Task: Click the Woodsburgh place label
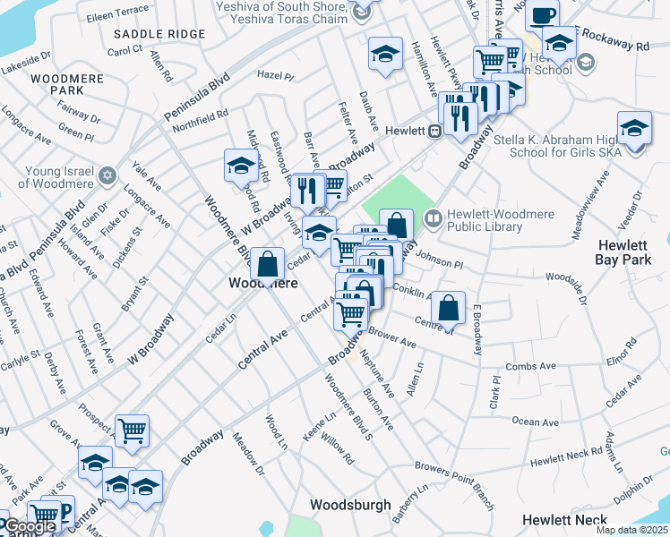click(x=350, y=505)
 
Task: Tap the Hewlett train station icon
click(x=434, y=131)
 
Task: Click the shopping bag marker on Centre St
click(x=448, y=308)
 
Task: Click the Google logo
click(x=30, y=526)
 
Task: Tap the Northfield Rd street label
click(x=201, y=121)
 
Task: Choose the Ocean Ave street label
click(x=535, y=421)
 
